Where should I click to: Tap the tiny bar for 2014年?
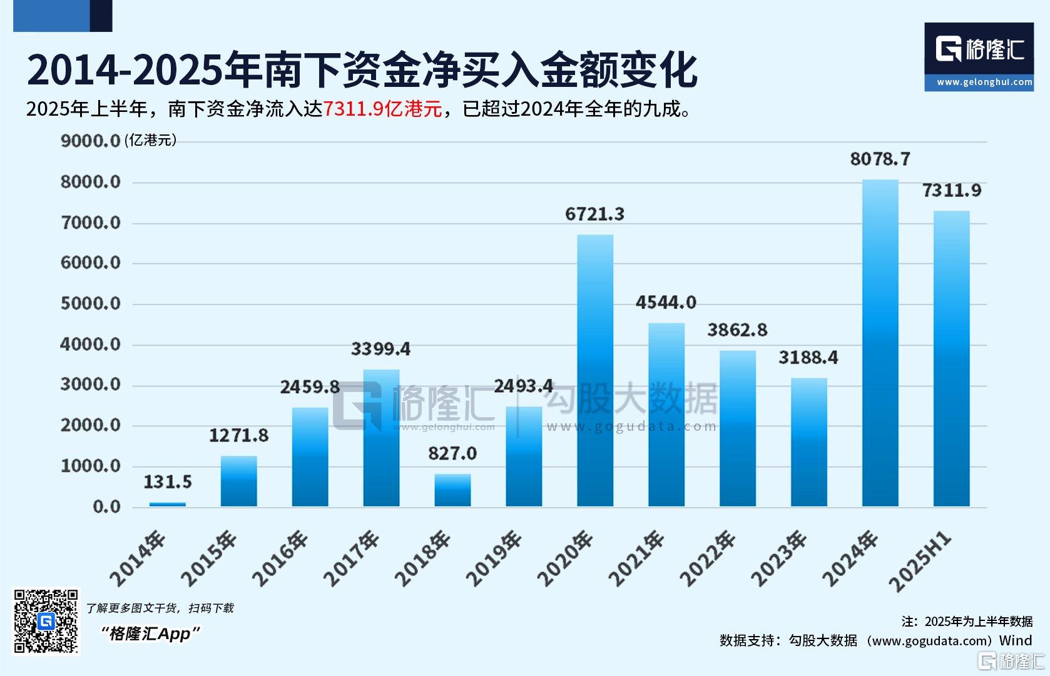pos(167,504)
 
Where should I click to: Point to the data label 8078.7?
pos(880,159)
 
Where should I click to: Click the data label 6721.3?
pos(594,214)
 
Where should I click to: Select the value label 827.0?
pos(452,453)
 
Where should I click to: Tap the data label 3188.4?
pos(808,357)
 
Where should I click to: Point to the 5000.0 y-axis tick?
pos(90,304)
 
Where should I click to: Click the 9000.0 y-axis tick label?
pos(90,141)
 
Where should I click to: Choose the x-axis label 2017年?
pos(352,558)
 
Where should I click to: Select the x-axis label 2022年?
pos(708,558)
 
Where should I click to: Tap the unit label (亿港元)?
pos(150,140)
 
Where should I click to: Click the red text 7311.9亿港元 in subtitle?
pos(382,109)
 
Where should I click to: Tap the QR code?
pos(46,621)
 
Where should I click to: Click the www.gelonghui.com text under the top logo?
pos(984,82)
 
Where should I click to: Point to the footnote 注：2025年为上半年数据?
pos(967,621)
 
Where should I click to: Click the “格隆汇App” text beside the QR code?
pos(150,633)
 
